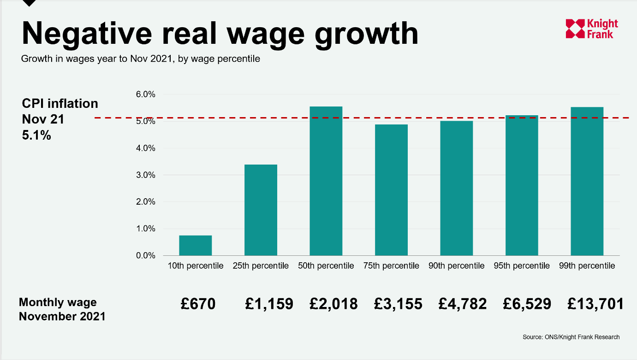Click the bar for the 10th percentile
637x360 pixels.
tap(195, 245)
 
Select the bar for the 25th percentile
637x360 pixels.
tap(261, 210)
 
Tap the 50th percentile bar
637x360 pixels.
tap(326, 181)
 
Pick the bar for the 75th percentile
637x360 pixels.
tap(391, 190)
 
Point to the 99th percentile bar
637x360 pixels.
tap(587, 181)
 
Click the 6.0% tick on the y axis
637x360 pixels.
tap(146, 94)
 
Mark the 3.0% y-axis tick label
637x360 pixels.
tap(146, 175)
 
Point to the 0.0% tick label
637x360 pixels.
tap(146, 255)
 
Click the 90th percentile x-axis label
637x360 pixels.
tap(456, 266)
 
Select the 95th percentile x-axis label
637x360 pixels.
tap(522, 266)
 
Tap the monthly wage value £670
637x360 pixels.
tap(198, 304)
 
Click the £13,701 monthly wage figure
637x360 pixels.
tap(595, 304)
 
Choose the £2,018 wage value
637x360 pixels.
tap(333, 304)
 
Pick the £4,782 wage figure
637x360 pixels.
tap(463, 304)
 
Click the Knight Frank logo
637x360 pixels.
tap(592, 29)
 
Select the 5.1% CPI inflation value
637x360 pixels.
tap(36, 136)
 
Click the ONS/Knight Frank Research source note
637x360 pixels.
tap(571, 337)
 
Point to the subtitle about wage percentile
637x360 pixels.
tap(141, 59)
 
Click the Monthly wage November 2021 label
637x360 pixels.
tap(62, 309)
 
